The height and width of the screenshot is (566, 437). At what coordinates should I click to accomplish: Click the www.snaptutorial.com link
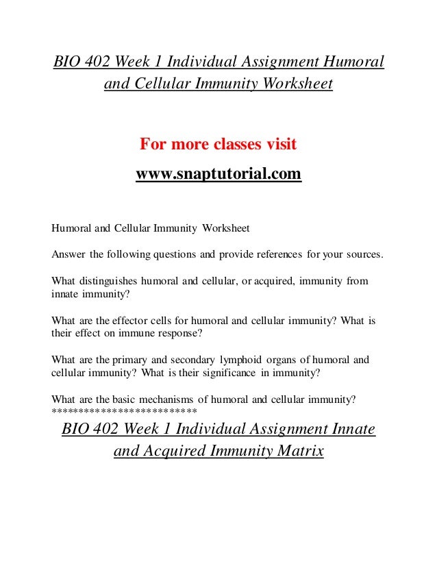(x=218, y=174)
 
